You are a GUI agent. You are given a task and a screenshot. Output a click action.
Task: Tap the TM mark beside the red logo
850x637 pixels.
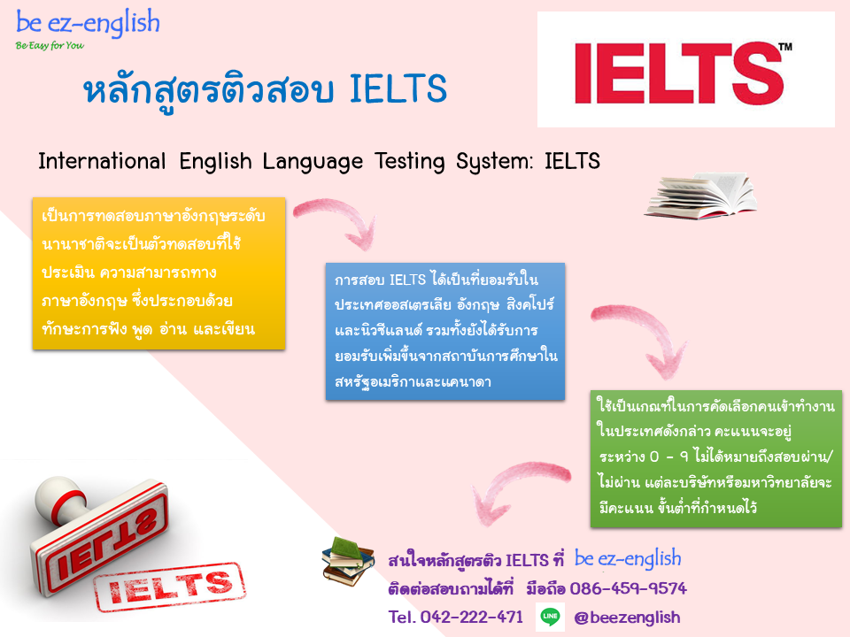[x=785, y=47]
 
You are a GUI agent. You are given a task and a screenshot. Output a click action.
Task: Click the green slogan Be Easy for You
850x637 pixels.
[x=50, y=45]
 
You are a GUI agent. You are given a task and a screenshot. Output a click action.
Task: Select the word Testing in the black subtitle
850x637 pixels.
[x=409, y=161]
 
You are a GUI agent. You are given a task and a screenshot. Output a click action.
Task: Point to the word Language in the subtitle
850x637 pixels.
[x=313, y=162]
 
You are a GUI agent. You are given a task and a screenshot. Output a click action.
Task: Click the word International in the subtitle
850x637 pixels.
[x=102, y=161]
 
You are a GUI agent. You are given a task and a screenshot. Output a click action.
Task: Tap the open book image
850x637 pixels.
[x=700, y=196]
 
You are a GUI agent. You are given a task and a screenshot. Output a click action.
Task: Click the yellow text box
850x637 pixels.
[x=158, y=273]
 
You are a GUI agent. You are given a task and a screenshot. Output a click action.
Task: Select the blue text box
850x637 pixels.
[x=445, y=332]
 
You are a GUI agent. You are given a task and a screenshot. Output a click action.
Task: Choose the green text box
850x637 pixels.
[x=716, y=459]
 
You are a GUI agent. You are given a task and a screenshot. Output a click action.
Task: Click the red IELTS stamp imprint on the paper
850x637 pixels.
[x=170, y=587]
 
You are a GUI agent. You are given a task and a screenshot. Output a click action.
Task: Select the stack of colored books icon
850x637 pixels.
[x=348, y=562]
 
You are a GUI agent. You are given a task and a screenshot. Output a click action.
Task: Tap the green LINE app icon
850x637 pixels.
[x=550, y=617]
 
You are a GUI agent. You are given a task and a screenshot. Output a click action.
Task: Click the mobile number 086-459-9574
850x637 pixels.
[x=629, y=588]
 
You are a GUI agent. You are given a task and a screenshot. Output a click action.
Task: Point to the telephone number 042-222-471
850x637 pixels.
[x=472, y=617]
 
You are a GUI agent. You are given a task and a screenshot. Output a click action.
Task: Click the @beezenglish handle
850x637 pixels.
[x=627, y=618]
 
